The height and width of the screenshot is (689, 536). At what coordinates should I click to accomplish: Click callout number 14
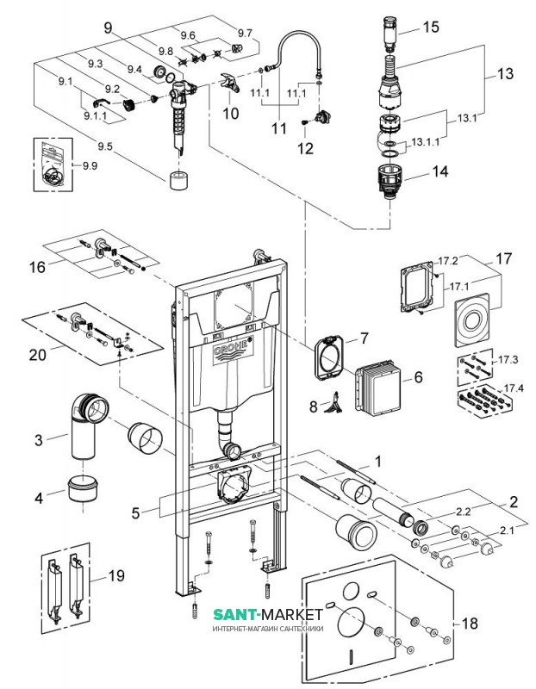(x=439, y=172)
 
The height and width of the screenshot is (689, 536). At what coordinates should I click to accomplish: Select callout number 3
(x=39, y=441)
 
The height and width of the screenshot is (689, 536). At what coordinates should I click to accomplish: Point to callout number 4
(x=39, y=497)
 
